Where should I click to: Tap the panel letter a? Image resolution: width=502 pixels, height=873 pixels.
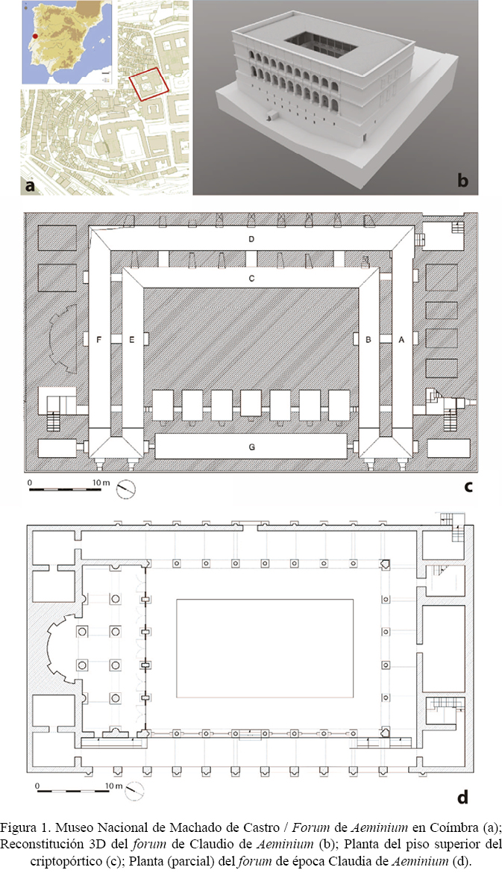(x=30, y=185)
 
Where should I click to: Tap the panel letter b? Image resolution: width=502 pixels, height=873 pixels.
(x=462, y=181)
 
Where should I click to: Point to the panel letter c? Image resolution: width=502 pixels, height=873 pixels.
(x=468, y=486)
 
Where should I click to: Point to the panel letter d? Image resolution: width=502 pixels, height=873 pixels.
(x=462, y=798)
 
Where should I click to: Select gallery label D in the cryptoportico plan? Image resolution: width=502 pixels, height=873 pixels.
(x=251, y=240)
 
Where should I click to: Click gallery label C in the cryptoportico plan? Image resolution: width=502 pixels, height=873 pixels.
(x=251, y=278)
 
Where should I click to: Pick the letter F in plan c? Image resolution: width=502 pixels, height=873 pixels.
(x=99, y=339)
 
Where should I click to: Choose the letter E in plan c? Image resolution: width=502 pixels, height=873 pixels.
(x=132, y=339)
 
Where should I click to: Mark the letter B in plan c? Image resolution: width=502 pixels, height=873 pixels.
(x=368, y=339)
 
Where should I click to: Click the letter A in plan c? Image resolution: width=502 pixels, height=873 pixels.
(x=401, y=339)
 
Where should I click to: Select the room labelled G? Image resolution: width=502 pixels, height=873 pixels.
(x=252, y=447)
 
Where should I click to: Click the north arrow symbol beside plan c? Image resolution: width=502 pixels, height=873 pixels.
(x=126, y=489)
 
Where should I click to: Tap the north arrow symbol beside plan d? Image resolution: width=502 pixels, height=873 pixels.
(x=134, y=791)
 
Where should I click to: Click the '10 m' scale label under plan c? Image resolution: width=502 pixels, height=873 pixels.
(x=101, y=482)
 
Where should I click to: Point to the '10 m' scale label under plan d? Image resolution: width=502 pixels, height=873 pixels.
(x=114, y=786)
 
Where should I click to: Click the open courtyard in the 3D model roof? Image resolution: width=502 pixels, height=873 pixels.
(x=320, y=45)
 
